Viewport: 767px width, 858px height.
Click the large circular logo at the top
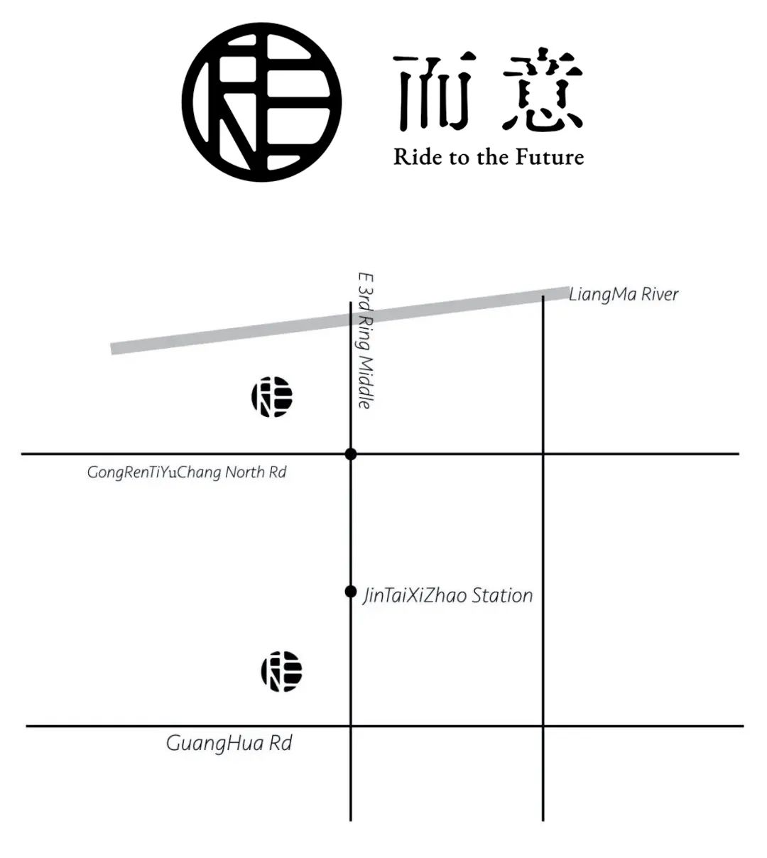[261, 102]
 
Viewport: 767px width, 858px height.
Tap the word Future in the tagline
[549, 157]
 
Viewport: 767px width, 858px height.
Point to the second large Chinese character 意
[543, 91]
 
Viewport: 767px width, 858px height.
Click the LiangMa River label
[624, 294]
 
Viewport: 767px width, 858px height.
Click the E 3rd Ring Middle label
[366, 341]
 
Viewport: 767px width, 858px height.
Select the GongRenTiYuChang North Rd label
[187, 472]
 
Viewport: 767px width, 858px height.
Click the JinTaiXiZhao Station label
[448, 596]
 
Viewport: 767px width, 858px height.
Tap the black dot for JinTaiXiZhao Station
[351, 592]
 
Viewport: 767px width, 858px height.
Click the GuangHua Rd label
[229, 744]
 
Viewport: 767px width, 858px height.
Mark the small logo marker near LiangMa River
[272, 397]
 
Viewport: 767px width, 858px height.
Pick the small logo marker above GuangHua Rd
[282, 671]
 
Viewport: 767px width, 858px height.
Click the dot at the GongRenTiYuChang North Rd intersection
[351, 454]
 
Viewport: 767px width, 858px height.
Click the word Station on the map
[502, 596]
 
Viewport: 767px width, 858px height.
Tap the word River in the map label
[660, 294]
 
